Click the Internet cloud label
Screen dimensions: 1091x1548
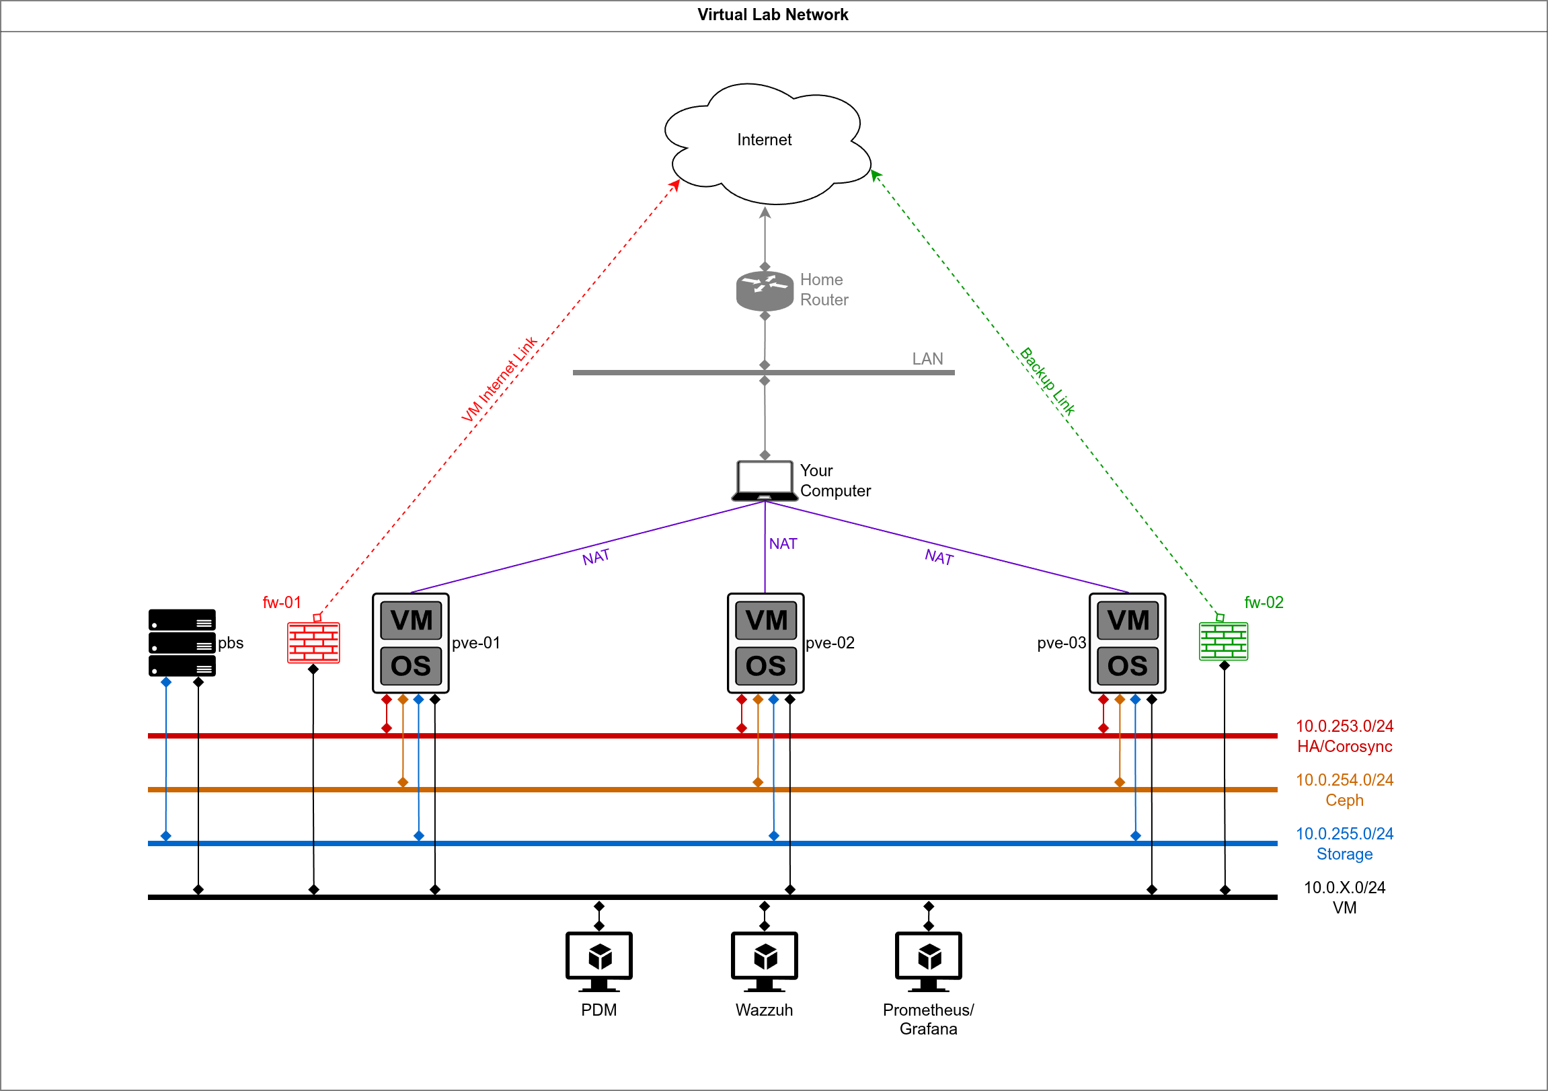pyautogui.click(x=764, y=140)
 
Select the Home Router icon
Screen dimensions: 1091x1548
pyautogui.click(x=765, y=291)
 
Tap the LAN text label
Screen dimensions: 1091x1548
pyautogui.click(x=927, y=359)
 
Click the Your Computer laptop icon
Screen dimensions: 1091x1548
pyautogui.click(x=765, y=481)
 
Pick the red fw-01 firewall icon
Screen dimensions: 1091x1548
pyautogui.click(x=313, y=642)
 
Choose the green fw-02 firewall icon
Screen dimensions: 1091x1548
pyautogui.click(x=1223, y=641)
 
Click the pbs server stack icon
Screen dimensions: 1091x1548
pyautogui.click(x=182, y=642)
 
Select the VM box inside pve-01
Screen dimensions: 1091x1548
pyautogui.click(x=411, y=620)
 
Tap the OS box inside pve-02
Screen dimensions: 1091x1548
pyautogui.click(x=765, y=666)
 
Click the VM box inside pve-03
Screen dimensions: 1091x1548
pyautogui.click(x=1127, y=620)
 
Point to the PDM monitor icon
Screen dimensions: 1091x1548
pyautogui.click(x=598, y=962)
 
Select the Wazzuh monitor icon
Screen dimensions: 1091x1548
pyautogui.click(x=764, y=962)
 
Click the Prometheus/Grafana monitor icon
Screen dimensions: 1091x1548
pyautogui.click(x=929, y=962)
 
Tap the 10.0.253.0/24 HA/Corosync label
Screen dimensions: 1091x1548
pyautogui.click(x=1344, y=736)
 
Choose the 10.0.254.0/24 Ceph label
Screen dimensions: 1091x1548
pyautogui.click(x=1344, y=790)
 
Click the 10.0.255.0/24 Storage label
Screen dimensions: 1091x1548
pyautogui.click(x=1344, y=843)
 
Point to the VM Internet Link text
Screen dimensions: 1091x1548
pyautogui.click(x=499, y=379)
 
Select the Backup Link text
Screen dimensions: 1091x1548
pyautogui.click(x=1046, y=381)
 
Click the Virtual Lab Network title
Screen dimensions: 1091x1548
pyautogui.click(x=773, y=15)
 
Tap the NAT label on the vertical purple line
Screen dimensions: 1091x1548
pyautogui.click(x=783, y=543)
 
